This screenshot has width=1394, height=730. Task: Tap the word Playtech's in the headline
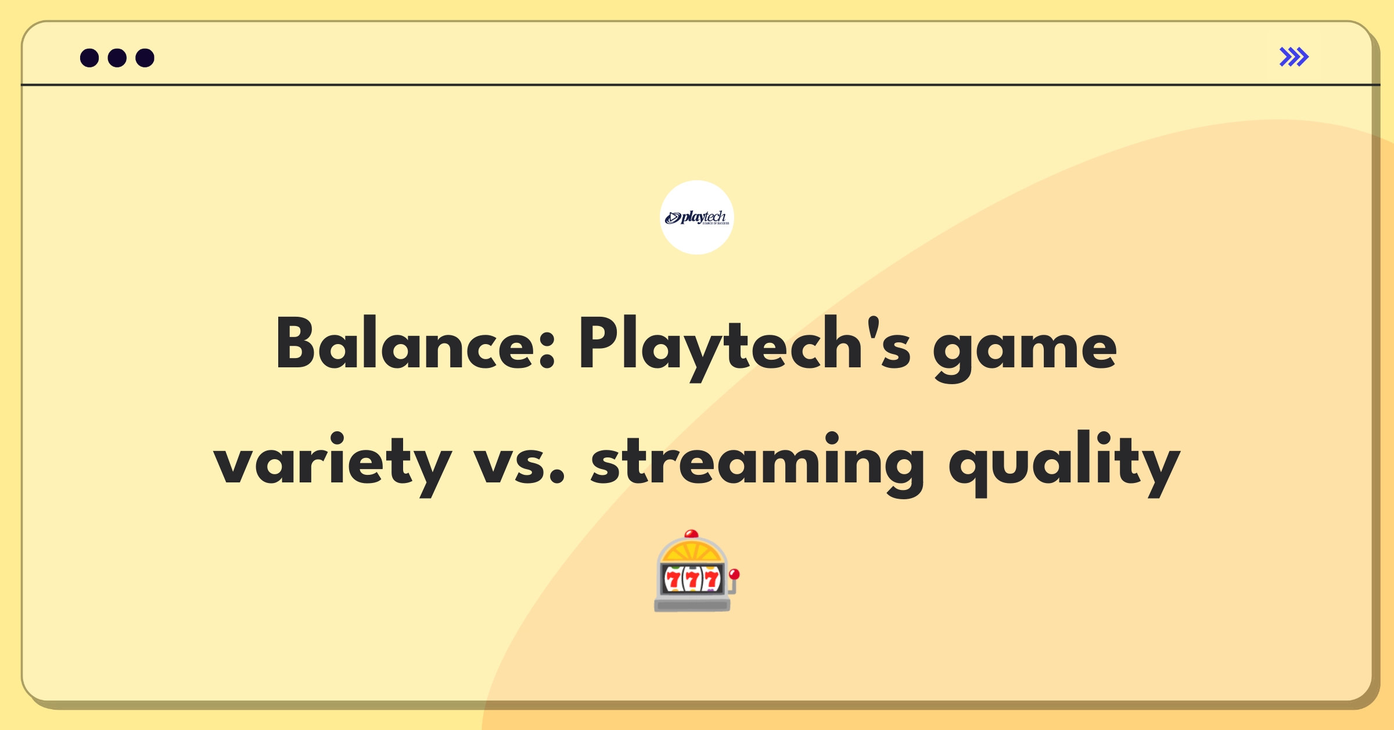tap(745, 346)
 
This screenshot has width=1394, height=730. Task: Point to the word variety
tap(332, 463)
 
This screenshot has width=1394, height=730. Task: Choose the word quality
tap(1064, 463)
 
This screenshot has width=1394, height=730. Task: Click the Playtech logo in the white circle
tap(697, 217)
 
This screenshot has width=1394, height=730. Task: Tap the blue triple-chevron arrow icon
tap(1294, 57)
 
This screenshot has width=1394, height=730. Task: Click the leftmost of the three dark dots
tap(89, 58)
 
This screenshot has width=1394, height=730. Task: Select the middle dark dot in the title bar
tap(117, 58)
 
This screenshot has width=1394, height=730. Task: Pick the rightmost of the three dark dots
tap(145, 58)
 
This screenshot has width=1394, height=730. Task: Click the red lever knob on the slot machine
tap(734, 574)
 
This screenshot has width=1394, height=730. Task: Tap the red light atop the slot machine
tap(691, 534)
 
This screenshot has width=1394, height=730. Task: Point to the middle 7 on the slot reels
tap(692, 579)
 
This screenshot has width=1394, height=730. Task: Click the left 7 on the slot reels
tap(673, 579)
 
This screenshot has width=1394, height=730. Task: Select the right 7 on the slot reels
tap(712, 579)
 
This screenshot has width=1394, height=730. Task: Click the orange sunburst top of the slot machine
tap(691, 551)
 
